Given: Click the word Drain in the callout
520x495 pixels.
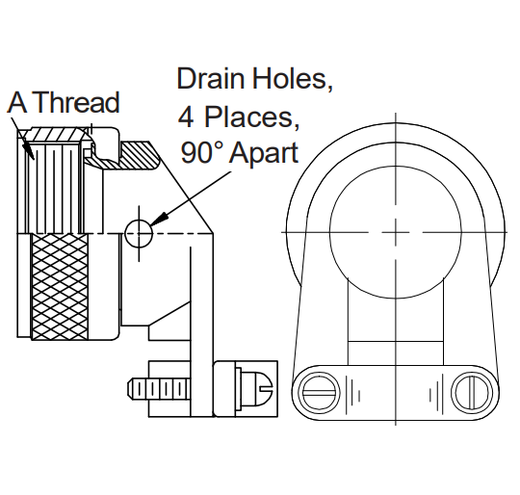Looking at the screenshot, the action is point(212,78).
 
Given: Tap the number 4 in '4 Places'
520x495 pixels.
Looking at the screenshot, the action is point(186,117).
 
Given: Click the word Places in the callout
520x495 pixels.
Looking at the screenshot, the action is point(250,117).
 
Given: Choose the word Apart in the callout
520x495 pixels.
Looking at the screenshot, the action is point(264,154).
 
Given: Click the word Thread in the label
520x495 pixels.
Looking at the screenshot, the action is point(76,102).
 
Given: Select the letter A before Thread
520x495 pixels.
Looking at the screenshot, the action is point(17,103).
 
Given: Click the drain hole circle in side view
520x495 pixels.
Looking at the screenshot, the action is point(139,233).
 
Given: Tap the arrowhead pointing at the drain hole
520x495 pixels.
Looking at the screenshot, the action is point(160,220).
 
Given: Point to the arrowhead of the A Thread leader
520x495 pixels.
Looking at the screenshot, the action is point(28,151).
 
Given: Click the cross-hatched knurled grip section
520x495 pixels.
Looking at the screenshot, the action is point(60,286).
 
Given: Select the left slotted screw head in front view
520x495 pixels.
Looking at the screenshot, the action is point(320,393).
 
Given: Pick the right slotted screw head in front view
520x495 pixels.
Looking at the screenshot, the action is point(472,393).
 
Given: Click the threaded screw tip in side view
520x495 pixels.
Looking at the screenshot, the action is point(159,389).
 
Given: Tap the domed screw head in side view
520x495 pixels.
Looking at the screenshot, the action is point(257,388).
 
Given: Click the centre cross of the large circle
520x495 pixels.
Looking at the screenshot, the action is point(396,232).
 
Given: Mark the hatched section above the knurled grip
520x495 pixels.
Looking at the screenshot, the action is point(56,134).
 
